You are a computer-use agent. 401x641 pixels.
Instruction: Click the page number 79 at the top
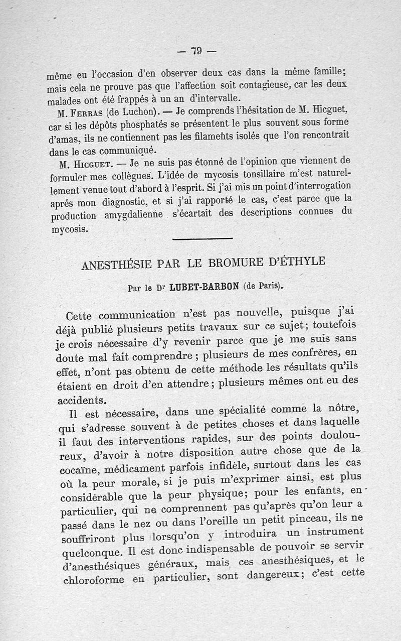click(196, 50)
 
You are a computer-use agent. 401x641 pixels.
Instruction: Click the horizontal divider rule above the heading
click(202, 238)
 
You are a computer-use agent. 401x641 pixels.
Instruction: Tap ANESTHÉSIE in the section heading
click(118, 264)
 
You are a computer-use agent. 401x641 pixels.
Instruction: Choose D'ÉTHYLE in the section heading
click(300, 261)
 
